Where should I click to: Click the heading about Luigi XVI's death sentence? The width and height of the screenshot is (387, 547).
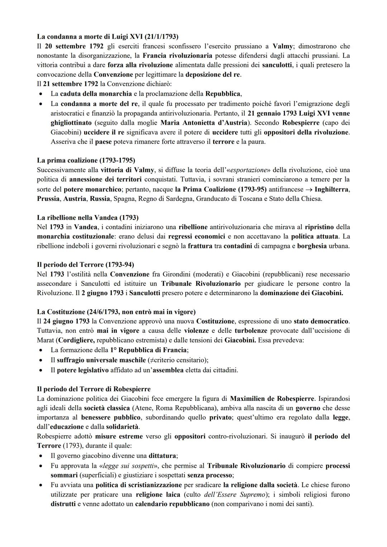tap(107, 37)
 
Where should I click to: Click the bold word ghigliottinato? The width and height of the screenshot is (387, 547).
tap(71, 123)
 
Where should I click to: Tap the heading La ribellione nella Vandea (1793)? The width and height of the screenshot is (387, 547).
tap(88, 217)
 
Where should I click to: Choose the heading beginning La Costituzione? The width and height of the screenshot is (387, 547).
tap(116, 312)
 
